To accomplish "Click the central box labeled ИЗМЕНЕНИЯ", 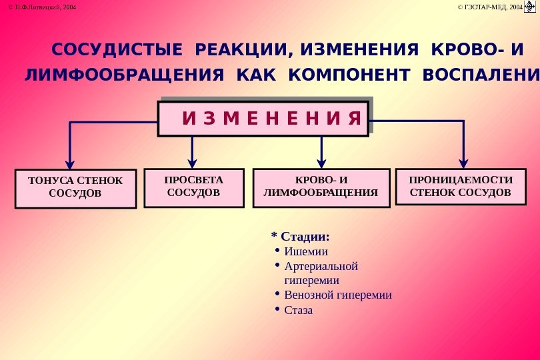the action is [263, 118].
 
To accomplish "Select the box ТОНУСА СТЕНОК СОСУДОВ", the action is [75, 188].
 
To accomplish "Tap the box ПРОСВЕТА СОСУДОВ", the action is [194, 186].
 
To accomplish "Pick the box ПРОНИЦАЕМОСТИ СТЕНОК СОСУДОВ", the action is [461, 186].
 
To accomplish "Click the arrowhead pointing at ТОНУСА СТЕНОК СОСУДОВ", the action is [69, 164].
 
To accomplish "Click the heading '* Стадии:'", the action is [301, 237].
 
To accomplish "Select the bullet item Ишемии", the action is [306, 252].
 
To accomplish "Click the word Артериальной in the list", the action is [321, 267].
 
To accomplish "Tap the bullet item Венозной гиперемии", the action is [337, 295].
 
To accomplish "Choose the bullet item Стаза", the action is [298, 310].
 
